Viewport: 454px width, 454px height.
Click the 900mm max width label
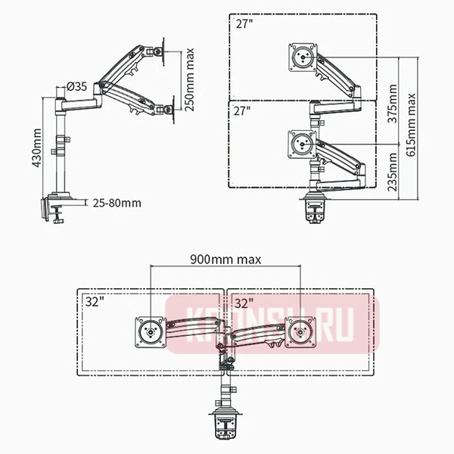click(225, 259)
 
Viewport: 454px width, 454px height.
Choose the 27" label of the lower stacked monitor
click(242, 110)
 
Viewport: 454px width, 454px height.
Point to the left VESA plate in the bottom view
click(150, 331)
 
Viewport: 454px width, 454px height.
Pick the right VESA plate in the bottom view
click(300, 331)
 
